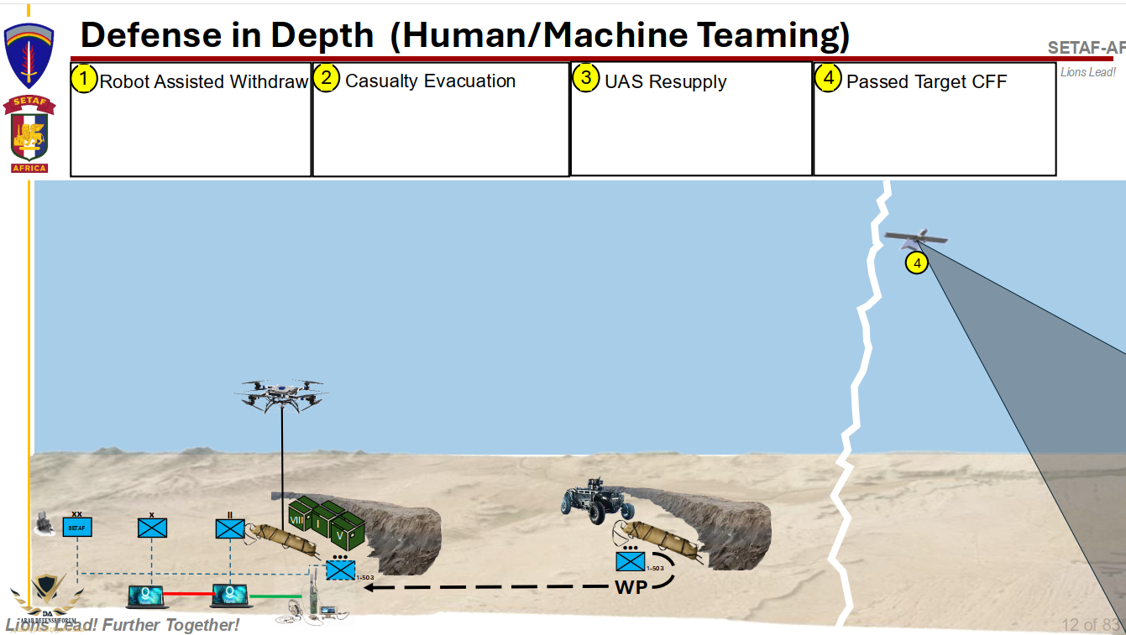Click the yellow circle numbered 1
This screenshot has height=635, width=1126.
pos(84,80)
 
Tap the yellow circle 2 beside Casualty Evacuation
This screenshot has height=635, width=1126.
pos(327,79)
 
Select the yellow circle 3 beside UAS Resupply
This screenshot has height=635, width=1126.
pos(586,79)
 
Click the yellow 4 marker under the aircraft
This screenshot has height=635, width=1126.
pos(917,263)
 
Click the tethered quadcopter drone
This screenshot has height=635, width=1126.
pos(282,393)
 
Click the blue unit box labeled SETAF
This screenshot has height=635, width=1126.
pos(77,528)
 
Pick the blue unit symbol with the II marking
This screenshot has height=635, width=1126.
pos(229,528)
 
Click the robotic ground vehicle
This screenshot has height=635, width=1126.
pos(598,501)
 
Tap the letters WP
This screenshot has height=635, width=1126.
pos(631,586)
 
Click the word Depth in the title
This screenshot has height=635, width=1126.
pos(322,35)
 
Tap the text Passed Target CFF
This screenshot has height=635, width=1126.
pos(925,81)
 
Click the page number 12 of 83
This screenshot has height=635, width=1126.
pos(1090,625)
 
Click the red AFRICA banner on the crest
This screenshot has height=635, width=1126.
pos(29,168)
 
